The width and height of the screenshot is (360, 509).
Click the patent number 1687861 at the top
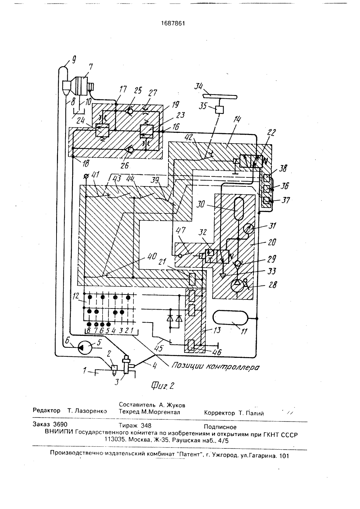[x=173, y=23]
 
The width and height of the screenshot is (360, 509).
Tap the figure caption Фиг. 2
[x=162, y=386]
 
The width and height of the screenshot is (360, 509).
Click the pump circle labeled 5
[x=85, y=347]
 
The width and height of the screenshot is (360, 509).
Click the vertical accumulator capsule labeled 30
[x=238, y=208]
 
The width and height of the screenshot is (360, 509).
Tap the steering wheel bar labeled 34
[x=220, y=97]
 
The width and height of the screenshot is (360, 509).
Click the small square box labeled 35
[x=220, y=110]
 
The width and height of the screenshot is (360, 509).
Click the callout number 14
[x=237, y=120]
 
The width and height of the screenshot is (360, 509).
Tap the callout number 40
[x=152, y=256]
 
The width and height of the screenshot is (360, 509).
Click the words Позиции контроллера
[x=215, y=366]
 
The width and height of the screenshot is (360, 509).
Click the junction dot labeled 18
[x=73, y=157]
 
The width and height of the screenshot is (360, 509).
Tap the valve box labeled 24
[x=102, y=130]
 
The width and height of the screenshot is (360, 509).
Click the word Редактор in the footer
[x=46, y=410]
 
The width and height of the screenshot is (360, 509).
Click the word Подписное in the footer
[x=220, y=427]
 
